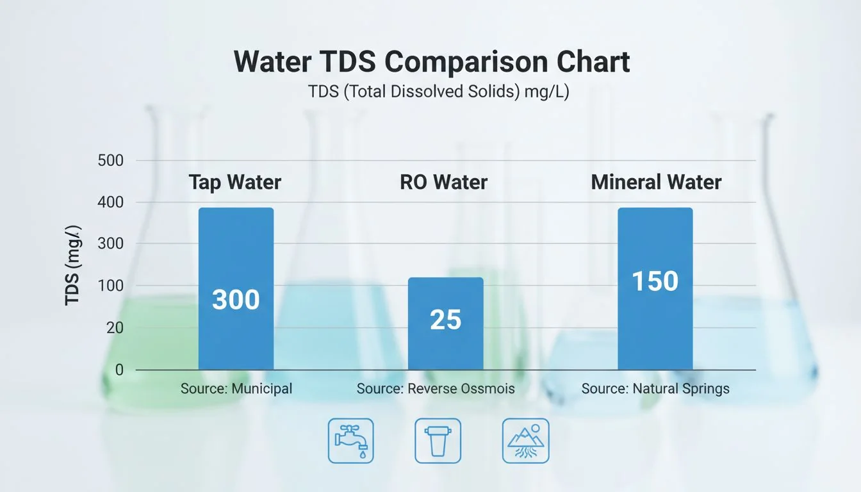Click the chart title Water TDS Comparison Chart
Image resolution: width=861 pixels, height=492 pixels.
(431, 62)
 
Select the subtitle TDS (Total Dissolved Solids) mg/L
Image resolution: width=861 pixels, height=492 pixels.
(439, 92)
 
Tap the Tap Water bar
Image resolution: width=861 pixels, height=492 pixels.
(236, 256)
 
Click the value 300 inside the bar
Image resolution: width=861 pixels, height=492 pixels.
(236, 300)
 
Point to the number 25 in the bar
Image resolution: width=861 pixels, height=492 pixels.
(445, 320)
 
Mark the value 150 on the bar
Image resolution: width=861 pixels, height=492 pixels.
(655, 281)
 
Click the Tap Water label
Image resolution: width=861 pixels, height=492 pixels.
(235, 183)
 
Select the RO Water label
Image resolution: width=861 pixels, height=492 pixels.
(443, 183)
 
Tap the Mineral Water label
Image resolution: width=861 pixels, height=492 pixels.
(656, 183)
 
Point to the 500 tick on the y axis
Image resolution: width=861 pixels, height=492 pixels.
(110, 160)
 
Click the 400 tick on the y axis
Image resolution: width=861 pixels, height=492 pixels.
(110, 202)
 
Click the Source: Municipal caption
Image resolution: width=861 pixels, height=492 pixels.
(236, 388)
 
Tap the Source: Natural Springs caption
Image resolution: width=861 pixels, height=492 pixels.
(655, 388)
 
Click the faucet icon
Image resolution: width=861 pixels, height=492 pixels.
(351, 441)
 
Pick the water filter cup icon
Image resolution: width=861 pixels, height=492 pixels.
(438, 441)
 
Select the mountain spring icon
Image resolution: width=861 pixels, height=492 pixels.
(525, 441)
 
